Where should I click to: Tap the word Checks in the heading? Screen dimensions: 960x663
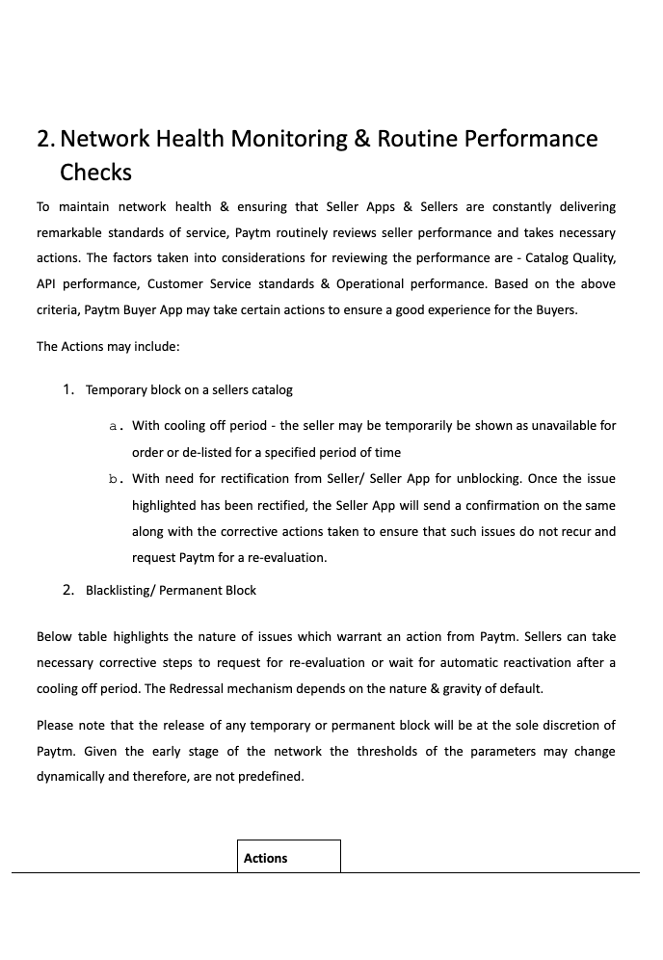[x=95, y=173]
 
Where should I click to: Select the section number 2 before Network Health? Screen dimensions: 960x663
[x=44, y=139]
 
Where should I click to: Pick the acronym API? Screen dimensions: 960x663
[x=47, y=284]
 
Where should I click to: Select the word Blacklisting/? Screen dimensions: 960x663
[x=120, y=590]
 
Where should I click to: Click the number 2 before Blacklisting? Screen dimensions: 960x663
[x=67, y=590]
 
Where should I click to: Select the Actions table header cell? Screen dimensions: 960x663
[x=288, y=857]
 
